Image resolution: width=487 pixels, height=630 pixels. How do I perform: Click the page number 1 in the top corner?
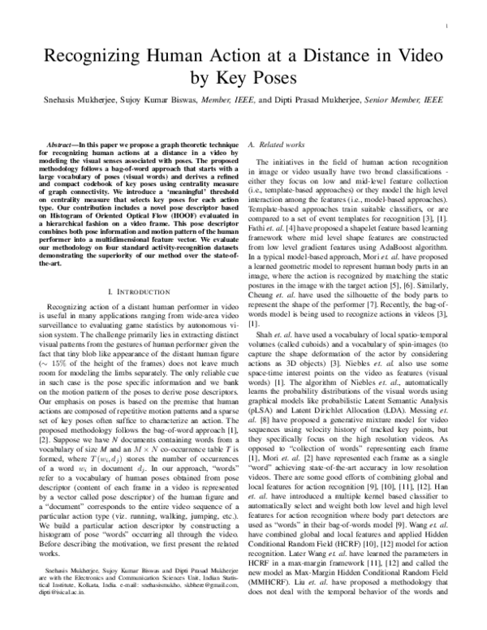pos(447,25)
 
